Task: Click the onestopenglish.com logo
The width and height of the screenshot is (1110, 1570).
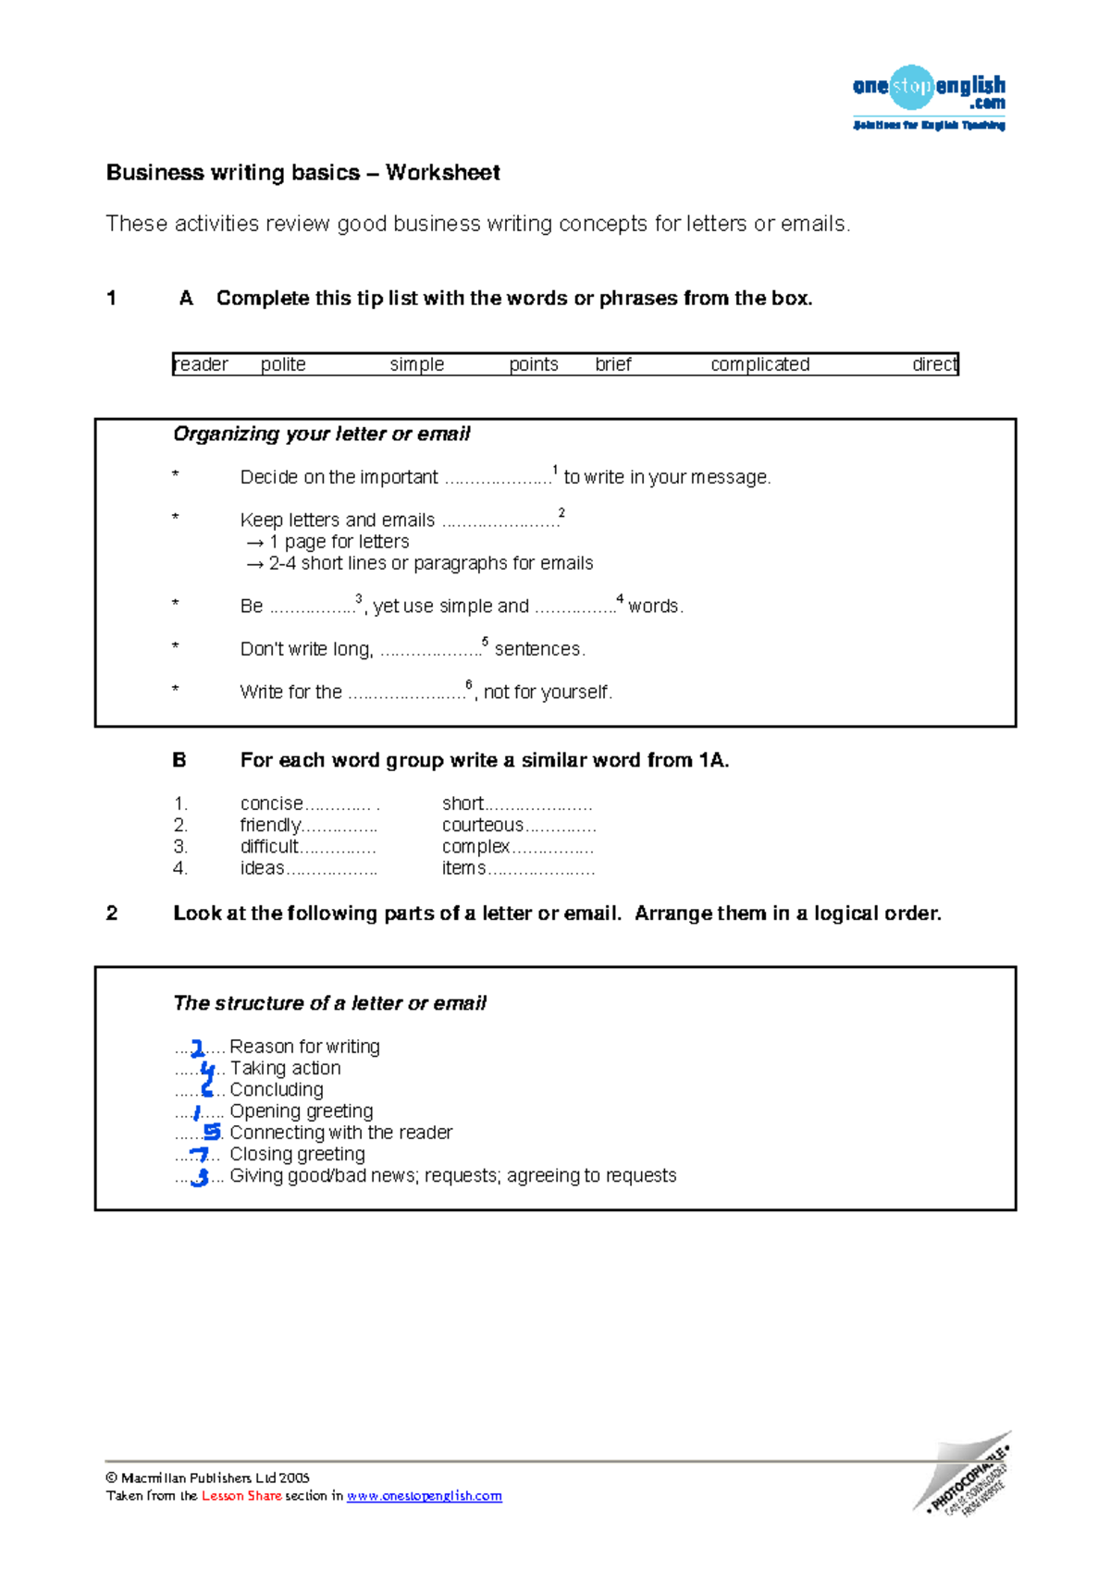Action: [928, 96]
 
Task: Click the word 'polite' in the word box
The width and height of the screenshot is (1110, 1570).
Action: [283, 364]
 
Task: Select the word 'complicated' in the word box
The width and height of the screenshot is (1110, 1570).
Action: [759, 364]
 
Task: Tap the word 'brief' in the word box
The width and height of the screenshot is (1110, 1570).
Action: [613, 364]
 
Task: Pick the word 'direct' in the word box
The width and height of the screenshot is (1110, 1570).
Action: [934, 364]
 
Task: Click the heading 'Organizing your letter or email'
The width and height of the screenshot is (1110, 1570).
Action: [321, 434]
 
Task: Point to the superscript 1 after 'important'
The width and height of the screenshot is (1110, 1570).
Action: [555, 470]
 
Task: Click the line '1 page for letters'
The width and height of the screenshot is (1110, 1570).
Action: [339, 542]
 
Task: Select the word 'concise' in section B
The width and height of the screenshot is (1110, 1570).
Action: [271, 803]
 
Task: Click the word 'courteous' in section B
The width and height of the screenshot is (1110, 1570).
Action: [483, 825]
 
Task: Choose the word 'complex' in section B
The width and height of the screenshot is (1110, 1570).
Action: [475, 847]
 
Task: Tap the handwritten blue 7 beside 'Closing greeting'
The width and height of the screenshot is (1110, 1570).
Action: [199, 1155]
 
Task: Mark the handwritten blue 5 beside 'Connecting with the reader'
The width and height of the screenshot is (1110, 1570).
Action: [212, 1132]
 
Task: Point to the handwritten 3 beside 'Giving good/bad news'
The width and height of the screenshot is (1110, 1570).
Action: [199, 1177]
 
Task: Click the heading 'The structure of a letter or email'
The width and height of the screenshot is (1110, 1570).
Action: [329, 1003]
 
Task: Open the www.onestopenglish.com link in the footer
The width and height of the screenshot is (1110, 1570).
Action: [424, 1496]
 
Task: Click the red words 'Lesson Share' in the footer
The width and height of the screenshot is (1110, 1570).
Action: [241, 1496]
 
